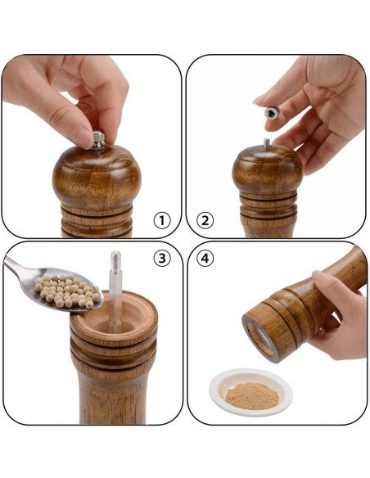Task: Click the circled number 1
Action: [162, 220]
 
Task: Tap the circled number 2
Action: [205, 220]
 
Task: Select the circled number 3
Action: [162, 258]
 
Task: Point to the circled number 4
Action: [205, 258]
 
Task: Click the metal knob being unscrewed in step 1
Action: [99, 141]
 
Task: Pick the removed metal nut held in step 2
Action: [272, 113]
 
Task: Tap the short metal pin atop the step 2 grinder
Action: [267, 144]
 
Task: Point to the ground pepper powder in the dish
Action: [252, 395]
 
